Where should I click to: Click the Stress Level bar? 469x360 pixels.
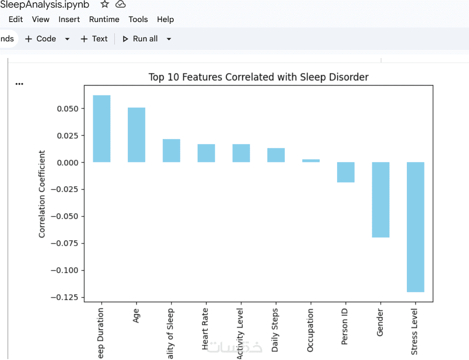(415, 227)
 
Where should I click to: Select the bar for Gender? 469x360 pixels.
(380, 199)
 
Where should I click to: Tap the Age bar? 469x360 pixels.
(136, 135)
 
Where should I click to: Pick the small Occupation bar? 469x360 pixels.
(311, 161)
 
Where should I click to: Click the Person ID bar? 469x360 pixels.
(346, 172)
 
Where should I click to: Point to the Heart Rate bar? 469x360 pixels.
(206, 153)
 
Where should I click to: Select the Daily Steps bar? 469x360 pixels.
(276, 155)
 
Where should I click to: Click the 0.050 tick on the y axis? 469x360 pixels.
(68, 108)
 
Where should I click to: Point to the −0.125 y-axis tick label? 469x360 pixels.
(66, 297)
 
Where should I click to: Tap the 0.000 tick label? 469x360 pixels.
(68, 162)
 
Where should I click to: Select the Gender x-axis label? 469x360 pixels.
(380, 323)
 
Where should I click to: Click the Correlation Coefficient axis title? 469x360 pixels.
(42, 194)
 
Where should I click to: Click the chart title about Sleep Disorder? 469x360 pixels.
(258, 77)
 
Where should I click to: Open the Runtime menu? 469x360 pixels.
(104, 19)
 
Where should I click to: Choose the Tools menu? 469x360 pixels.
(138, 19)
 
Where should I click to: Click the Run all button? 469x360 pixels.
(140, 39)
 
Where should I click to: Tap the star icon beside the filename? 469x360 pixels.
(104, 4)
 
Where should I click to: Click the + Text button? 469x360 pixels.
(94, 39)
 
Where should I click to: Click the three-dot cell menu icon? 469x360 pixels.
(19, 84)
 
